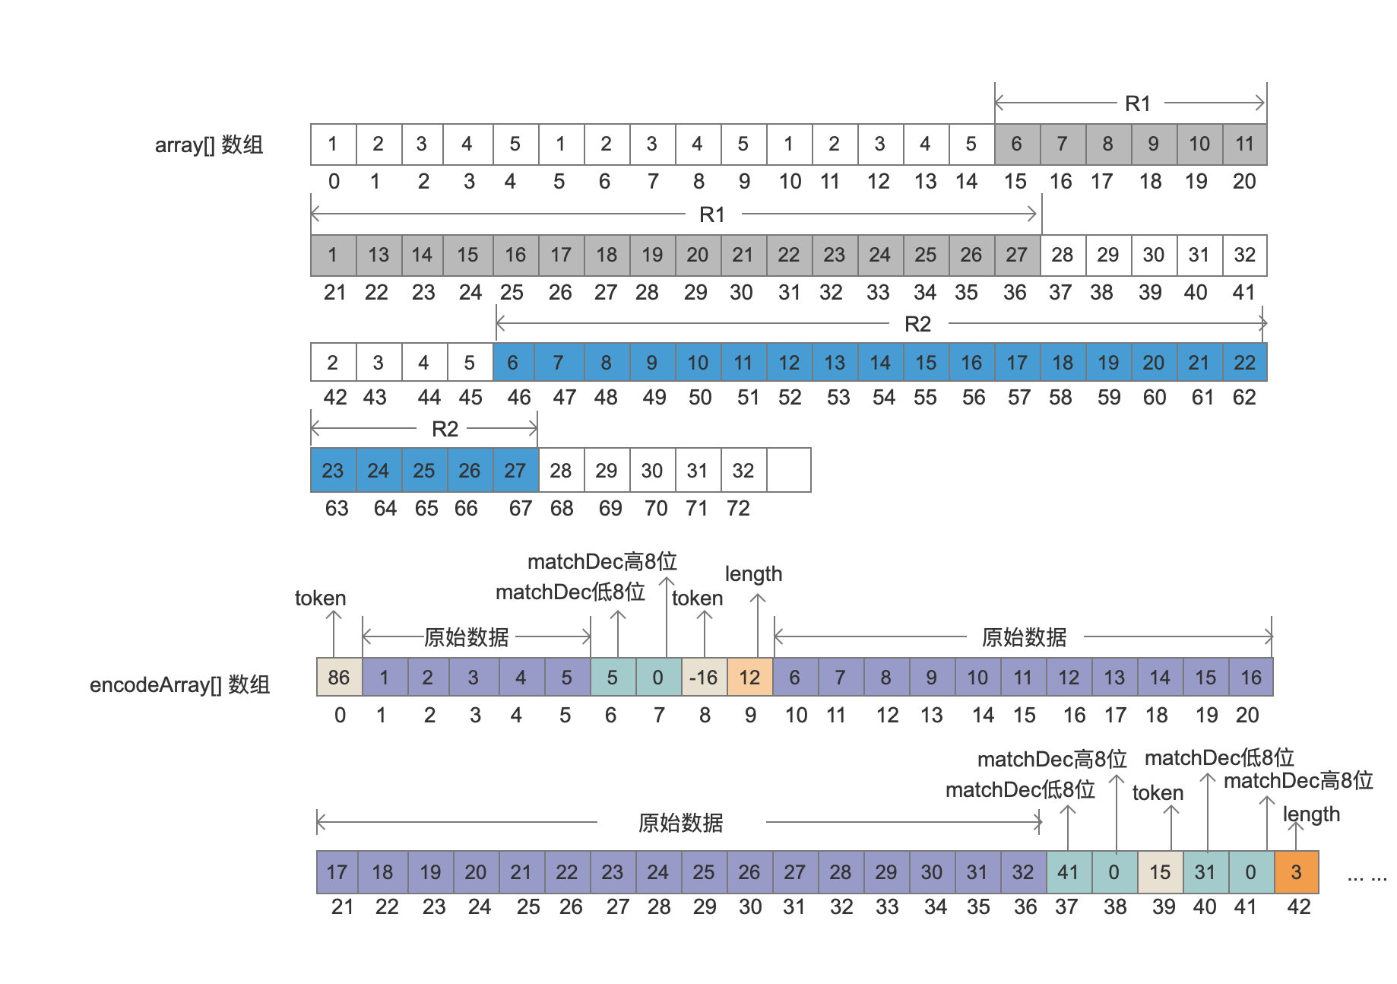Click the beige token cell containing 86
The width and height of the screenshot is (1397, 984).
click(x=339, y=677)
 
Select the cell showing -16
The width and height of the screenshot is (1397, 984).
click(x=704, y=677)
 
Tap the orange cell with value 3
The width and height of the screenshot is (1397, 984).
click(x=1296, y=871)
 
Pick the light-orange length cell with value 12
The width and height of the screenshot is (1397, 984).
click(x=749, y=677)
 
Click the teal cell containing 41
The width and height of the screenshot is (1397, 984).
click(x=1068, y=871)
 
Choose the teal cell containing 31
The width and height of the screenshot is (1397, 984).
click(x=1205, y=871)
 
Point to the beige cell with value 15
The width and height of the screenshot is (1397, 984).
click(x=1160, y=871)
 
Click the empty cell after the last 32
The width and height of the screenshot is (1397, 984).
click(x=789, y=470)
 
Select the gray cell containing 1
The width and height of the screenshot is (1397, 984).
click(x=333, y=255)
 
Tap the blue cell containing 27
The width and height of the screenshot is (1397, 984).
click(x=515, y=470)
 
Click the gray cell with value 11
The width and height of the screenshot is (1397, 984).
click(x=1244, y=144)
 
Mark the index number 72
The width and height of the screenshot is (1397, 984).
click(x=738, y=508)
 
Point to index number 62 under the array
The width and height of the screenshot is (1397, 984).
click(x=1244, y=397)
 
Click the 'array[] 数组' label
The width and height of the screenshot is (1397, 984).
click(x=209, y=144)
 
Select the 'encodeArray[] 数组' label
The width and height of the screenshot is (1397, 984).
click(x=180, y=684)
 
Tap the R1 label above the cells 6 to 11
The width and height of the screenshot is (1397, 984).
click(x=1138, y=103)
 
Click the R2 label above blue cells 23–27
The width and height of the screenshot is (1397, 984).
click(x=445, y=429)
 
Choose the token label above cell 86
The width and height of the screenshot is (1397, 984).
click(x=320, y=598)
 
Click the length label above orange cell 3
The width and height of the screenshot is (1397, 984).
click(x=1311, y=814)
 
